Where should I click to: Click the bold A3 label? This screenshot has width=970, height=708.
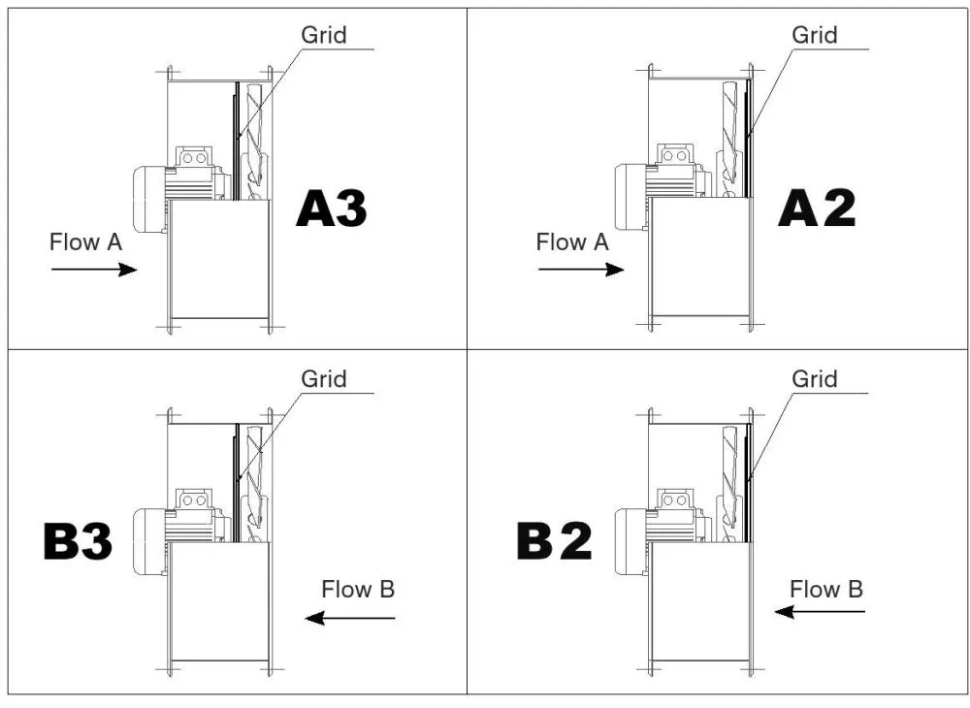(x=332, y=209)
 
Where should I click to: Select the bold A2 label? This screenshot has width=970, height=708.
(x=817, y=209)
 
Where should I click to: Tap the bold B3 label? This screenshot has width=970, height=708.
(x=79, y=542)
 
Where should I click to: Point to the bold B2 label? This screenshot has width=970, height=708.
(x=554, y=542)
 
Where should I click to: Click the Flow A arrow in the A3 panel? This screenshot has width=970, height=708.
(x=94, y=270)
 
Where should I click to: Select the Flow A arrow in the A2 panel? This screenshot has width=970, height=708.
(x=581, y=270)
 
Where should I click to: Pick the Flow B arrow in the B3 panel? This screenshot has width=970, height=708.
(x=350, y=618)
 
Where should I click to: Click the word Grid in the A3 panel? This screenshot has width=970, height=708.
(x=324, y=36)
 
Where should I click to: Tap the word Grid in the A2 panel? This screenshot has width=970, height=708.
(x=815, y=36)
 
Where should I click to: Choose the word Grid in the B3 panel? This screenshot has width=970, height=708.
(x=324, y=378)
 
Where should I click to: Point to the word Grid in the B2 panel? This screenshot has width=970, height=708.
(x=815, y=378)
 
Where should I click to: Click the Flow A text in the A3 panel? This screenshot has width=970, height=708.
(x=85, y=242)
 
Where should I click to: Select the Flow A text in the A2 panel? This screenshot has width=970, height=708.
(x=572, y=242)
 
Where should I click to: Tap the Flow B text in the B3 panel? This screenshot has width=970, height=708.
(x=359, y=589)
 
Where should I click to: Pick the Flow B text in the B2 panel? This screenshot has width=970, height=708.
(x=826, y=589)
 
